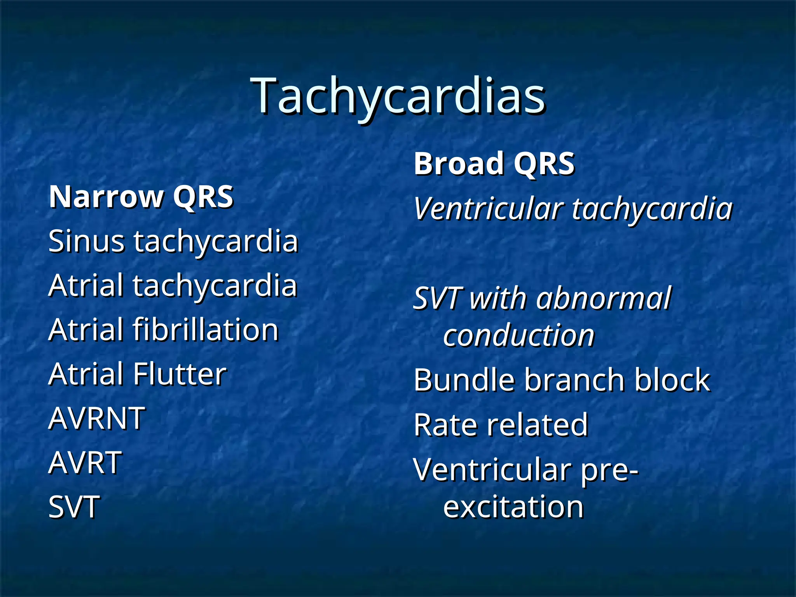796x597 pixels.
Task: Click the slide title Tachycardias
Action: (398, 96)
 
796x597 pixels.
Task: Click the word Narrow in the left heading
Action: (106, 197)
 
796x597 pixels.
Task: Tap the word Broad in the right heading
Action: (458, 164)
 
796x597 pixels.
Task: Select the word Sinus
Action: (87, 241)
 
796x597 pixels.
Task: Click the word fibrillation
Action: (206, 330)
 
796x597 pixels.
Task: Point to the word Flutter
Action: (180, 374)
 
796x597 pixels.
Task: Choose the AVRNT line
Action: (97, 419)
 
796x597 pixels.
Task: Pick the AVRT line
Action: (85, 463)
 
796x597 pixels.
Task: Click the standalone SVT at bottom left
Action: (74, 507)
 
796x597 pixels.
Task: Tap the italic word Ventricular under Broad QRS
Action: (488, 209)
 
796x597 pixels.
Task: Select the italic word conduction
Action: (519, 335)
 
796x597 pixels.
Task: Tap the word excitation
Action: (513, 507)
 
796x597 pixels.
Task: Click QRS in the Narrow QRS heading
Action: (203, 197)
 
